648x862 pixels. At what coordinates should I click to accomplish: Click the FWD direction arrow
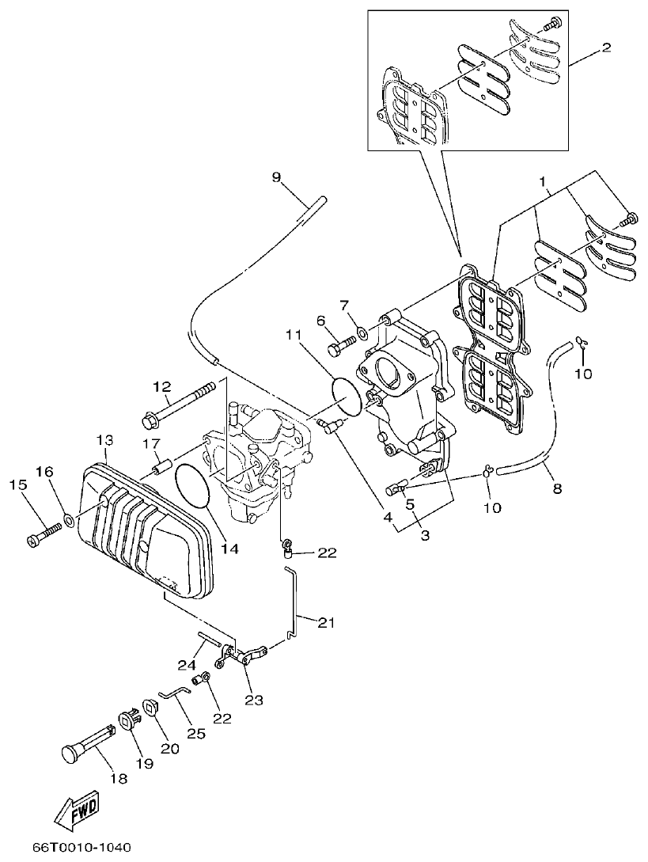(76, 808)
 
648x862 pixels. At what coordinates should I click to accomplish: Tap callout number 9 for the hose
(276, 177)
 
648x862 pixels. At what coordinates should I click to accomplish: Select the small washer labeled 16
(69, 521)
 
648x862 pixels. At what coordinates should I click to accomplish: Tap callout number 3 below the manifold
(425, 535)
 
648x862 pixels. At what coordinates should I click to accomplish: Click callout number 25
(195, 734)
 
